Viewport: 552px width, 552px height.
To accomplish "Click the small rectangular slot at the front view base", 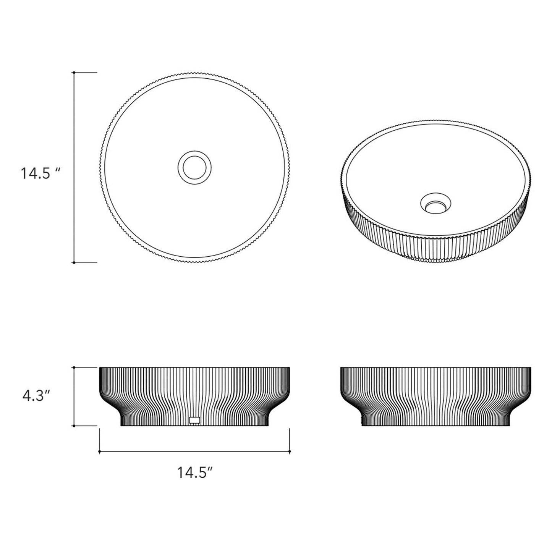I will point(195,420).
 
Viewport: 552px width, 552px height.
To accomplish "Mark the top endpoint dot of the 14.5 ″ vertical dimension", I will point(74,72).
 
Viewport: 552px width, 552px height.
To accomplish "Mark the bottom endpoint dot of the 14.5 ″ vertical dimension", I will point(74,262).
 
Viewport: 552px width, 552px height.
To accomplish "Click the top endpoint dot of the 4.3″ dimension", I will point(74,367).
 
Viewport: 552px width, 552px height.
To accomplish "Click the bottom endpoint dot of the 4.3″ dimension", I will point(74,426).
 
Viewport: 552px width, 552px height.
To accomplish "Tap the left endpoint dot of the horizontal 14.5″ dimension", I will point(100,452).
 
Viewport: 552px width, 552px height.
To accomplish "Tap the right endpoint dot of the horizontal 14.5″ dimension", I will point(290,452).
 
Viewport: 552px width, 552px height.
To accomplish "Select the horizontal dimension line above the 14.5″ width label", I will point(195,452).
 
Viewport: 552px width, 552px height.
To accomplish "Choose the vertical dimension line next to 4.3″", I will point(74,397).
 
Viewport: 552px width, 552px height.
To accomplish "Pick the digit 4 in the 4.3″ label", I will point(26,395).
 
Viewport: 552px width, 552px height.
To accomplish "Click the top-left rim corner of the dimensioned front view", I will point(100,368).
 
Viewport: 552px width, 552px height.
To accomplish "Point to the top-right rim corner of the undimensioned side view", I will point(530,368).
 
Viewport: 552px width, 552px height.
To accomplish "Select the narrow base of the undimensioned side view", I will point(435,420).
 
